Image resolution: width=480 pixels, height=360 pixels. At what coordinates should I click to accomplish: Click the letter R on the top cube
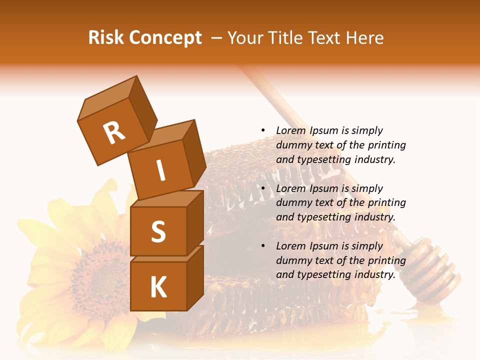click(x=114, y=132)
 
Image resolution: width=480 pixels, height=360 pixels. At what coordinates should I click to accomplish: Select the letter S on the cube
click(x=158, y=231)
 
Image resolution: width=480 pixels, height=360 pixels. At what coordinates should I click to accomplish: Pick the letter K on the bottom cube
click(x=158, y=287)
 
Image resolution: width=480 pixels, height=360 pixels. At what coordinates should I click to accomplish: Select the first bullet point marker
click(x=263, y=130)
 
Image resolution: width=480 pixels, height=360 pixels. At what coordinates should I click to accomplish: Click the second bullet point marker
click(x=263, y=188)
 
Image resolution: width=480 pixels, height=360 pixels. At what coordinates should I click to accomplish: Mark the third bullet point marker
click(x=263, y=246)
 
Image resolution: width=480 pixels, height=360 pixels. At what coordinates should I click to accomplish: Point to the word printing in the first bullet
click(x=387, y=145)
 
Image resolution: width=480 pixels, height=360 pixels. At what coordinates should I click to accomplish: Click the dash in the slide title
click(x=216, y=38)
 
